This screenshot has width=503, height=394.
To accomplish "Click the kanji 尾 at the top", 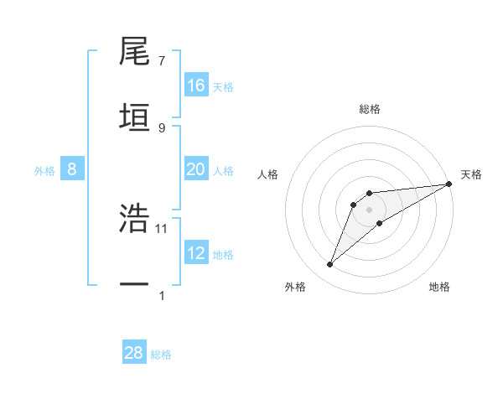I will click(x=135, y=52).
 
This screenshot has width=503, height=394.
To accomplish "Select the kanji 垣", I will click(x=135, y=118).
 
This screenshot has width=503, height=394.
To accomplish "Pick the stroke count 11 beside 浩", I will click(x=163, y=228).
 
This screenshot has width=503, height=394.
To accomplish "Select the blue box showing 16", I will click(x=196, y=86).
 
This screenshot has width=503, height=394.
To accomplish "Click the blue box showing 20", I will click(x=196, y=169).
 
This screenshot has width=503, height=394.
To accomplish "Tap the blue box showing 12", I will click(x=196, y=253).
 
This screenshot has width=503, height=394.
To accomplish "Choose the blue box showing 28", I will click(x=134, y=353).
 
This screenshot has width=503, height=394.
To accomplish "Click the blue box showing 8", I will click(x=72, y=169).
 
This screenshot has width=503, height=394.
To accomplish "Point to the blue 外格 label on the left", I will click(x=44, y=170).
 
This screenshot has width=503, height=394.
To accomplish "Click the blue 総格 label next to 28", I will click(x=162, y=355).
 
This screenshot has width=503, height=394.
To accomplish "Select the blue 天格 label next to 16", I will click(x=223, y=86).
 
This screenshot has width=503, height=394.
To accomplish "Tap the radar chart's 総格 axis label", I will click(x=370, y=109).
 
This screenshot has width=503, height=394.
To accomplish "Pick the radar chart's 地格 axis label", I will click(x=439, y=287).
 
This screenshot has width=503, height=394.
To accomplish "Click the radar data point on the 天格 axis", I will click(x=449, y=184).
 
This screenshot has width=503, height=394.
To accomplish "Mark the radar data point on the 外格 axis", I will click(x=330, y=265).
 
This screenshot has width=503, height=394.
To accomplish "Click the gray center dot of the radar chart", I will click(x=370, y=210).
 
